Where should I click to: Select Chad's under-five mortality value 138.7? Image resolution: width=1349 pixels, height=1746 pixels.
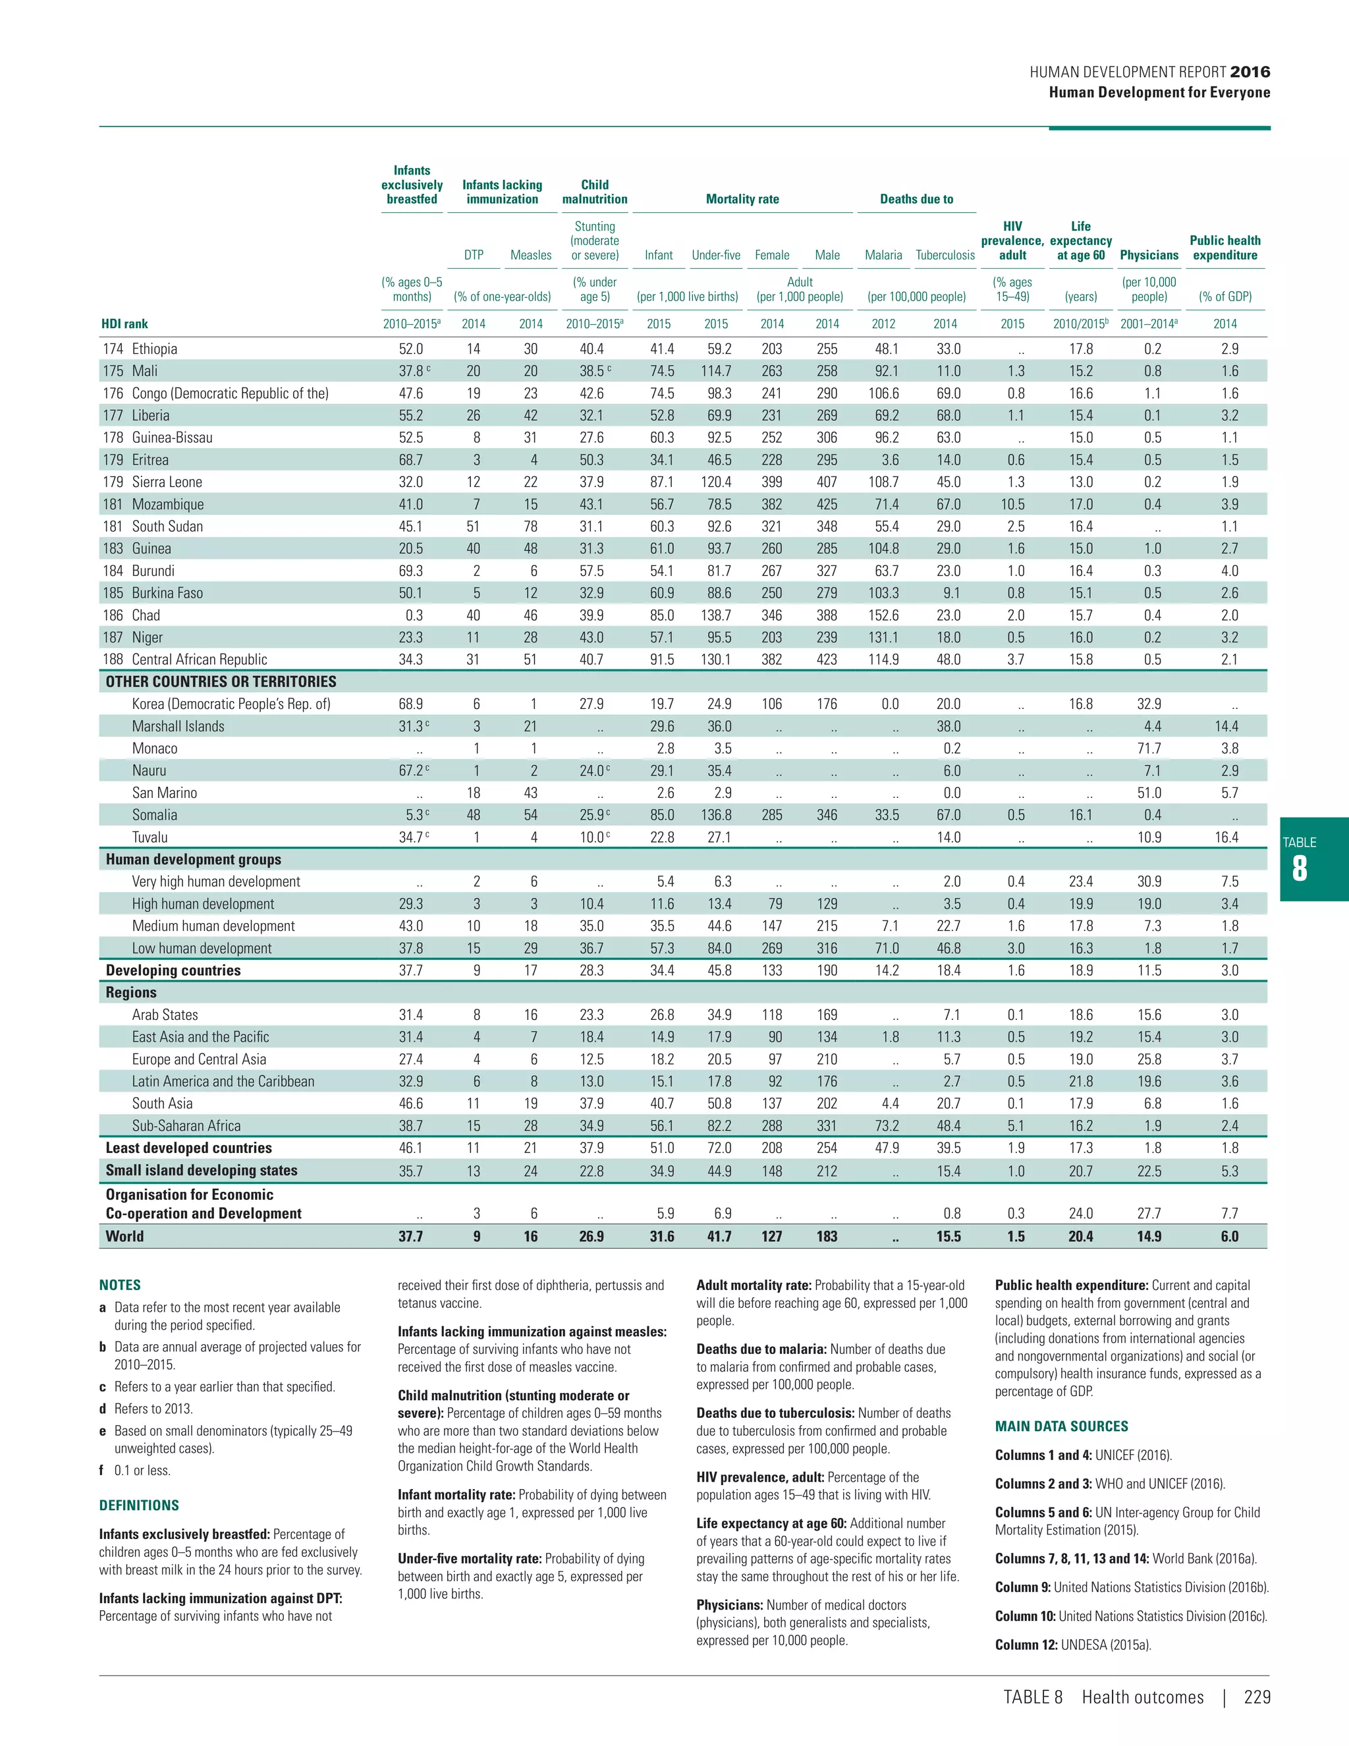715,615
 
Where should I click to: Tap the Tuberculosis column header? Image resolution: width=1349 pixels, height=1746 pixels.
945,255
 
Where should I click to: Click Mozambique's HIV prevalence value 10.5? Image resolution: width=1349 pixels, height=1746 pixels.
1012,505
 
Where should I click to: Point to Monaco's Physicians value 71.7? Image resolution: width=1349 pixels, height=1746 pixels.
1148,748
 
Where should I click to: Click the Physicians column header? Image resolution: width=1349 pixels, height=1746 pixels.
1148,255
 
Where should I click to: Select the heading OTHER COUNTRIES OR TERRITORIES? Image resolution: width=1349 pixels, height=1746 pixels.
221,682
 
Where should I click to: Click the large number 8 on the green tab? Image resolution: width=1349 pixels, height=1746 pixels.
1300,869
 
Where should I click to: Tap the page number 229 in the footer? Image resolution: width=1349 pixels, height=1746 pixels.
1257,1697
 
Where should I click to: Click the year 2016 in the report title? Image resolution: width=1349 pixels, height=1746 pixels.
1250,72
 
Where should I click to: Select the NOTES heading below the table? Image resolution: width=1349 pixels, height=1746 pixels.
120,1285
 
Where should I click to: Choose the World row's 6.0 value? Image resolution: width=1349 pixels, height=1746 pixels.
1229,1236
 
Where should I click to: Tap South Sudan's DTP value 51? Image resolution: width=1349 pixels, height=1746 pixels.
473,527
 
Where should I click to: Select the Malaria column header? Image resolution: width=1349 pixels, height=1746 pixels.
883,255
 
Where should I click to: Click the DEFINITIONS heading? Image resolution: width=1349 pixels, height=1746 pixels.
139,1506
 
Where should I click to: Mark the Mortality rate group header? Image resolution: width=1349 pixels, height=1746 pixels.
742,199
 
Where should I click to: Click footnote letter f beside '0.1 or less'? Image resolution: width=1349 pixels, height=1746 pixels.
101,1470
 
